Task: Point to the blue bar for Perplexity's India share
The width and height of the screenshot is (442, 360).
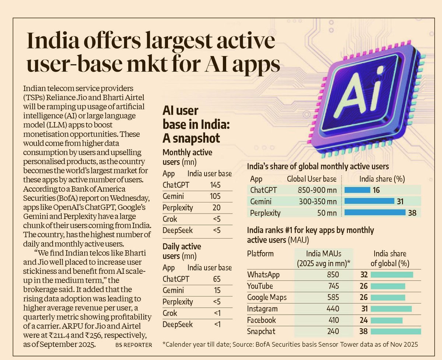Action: [x=375, y=213]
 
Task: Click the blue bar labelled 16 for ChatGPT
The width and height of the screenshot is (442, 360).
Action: [x=357, y=190]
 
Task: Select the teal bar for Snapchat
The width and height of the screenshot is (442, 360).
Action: [x=396, y=332]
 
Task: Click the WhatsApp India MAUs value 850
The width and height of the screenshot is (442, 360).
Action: [x=332, y=275]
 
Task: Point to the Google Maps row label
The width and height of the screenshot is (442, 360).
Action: [x=267, y=297]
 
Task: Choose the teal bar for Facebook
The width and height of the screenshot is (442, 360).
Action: [x=386, y=320]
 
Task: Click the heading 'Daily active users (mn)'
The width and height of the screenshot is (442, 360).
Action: [x=182, y=251]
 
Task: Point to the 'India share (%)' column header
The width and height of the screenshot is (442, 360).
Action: [x=382, y=179]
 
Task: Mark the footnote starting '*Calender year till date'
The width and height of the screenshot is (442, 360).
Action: [x=290, y=345]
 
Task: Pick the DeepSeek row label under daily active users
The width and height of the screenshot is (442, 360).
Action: [x=178, y=324]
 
